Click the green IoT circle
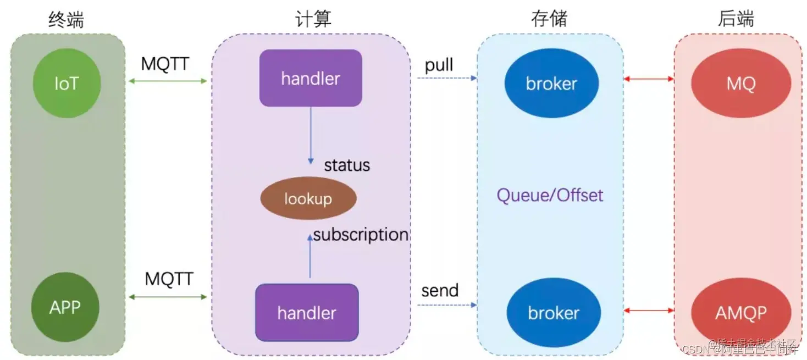click(x=67, y=84)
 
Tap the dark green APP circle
click(x=65, y=307)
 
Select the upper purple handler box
click(x=311, y=78)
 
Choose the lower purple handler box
click(x=307, y=312)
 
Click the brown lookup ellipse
click(x=308, y=198)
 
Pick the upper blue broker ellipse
click(x=551, y=84)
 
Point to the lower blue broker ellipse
click(x=553, y=313)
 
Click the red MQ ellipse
click(x=740, y=84)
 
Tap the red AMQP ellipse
click(x=740, y=313)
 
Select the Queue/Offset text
click(x=550, y=195)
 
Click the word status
click(x=347, y=165)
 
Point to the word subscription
click(x=361, y=235)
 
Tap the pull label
click(x=439, y=65)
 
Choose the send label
click(x=440, y=290)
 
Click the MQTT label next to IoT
click(x=165, y=64)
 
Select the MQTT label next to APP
click(x=169, y=279)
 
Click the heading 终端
click(x=67, y=19)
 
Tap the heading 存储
click(x=549, y=19)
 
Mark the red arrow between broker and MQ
click(x=649, y=79)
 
